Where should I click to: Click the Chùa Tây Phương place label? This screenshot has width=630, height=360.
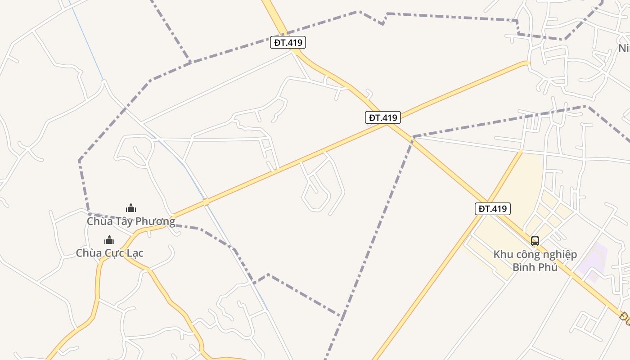coord(131,221)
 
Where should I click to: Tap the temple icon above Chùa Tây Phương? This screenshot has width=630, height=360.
coord(131,208)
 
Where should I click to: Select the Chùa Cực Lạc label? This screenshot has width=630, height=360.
coord(109,253)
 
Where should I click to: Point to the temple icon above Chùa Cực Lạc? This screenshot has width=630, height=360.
coord(109,240)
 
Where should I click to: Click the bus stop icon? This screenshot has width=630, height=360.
coord(535,241)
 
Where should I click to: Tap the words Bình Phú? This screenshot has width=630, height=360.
coord(535,267)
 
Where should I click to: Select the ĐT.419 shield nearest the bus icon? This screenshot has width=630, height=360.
coord(493,209)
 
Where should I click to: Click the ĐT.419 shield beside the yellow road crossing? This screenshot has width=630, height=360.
coord(382,118)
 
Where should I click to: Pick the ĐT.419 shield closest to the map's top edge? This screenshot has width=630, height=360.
coord(288,43)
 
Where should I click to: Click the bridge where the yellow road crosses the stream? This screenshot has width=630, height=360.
coord(206,202)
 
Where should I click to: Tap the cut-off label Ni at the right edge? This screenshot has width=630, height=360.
coord(624,48)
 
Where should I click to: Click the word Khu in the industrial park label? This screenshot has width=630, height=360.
coord(504,254)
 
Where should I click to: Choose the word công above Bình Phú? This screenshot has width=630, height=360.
coord(530,254)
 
